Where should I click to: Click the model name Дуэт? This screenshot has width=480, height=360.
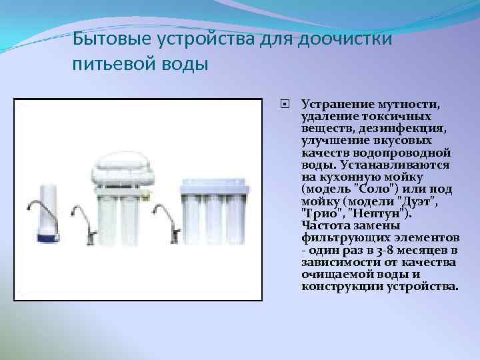424,200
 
